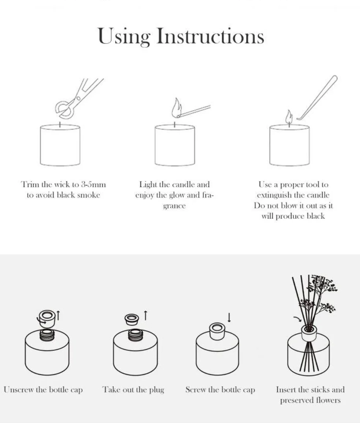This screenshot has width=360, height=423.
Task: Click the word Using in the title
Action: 124,36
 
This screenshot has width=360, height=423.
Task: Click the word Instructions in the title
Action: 210,36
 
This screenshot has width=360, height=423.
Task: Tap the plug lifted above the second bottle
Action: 131,319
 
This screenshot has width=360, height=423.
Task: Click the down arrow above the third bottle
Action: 229,317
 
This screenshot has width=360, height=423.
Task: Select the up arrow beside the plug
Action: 145,315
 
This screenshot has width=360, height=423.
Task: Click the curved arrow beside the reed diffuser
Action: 297,319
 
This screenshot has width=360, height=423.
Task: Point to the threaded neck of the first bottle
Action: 47,335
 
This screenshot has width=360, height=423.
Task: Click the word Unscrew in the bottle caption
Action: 19,390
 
